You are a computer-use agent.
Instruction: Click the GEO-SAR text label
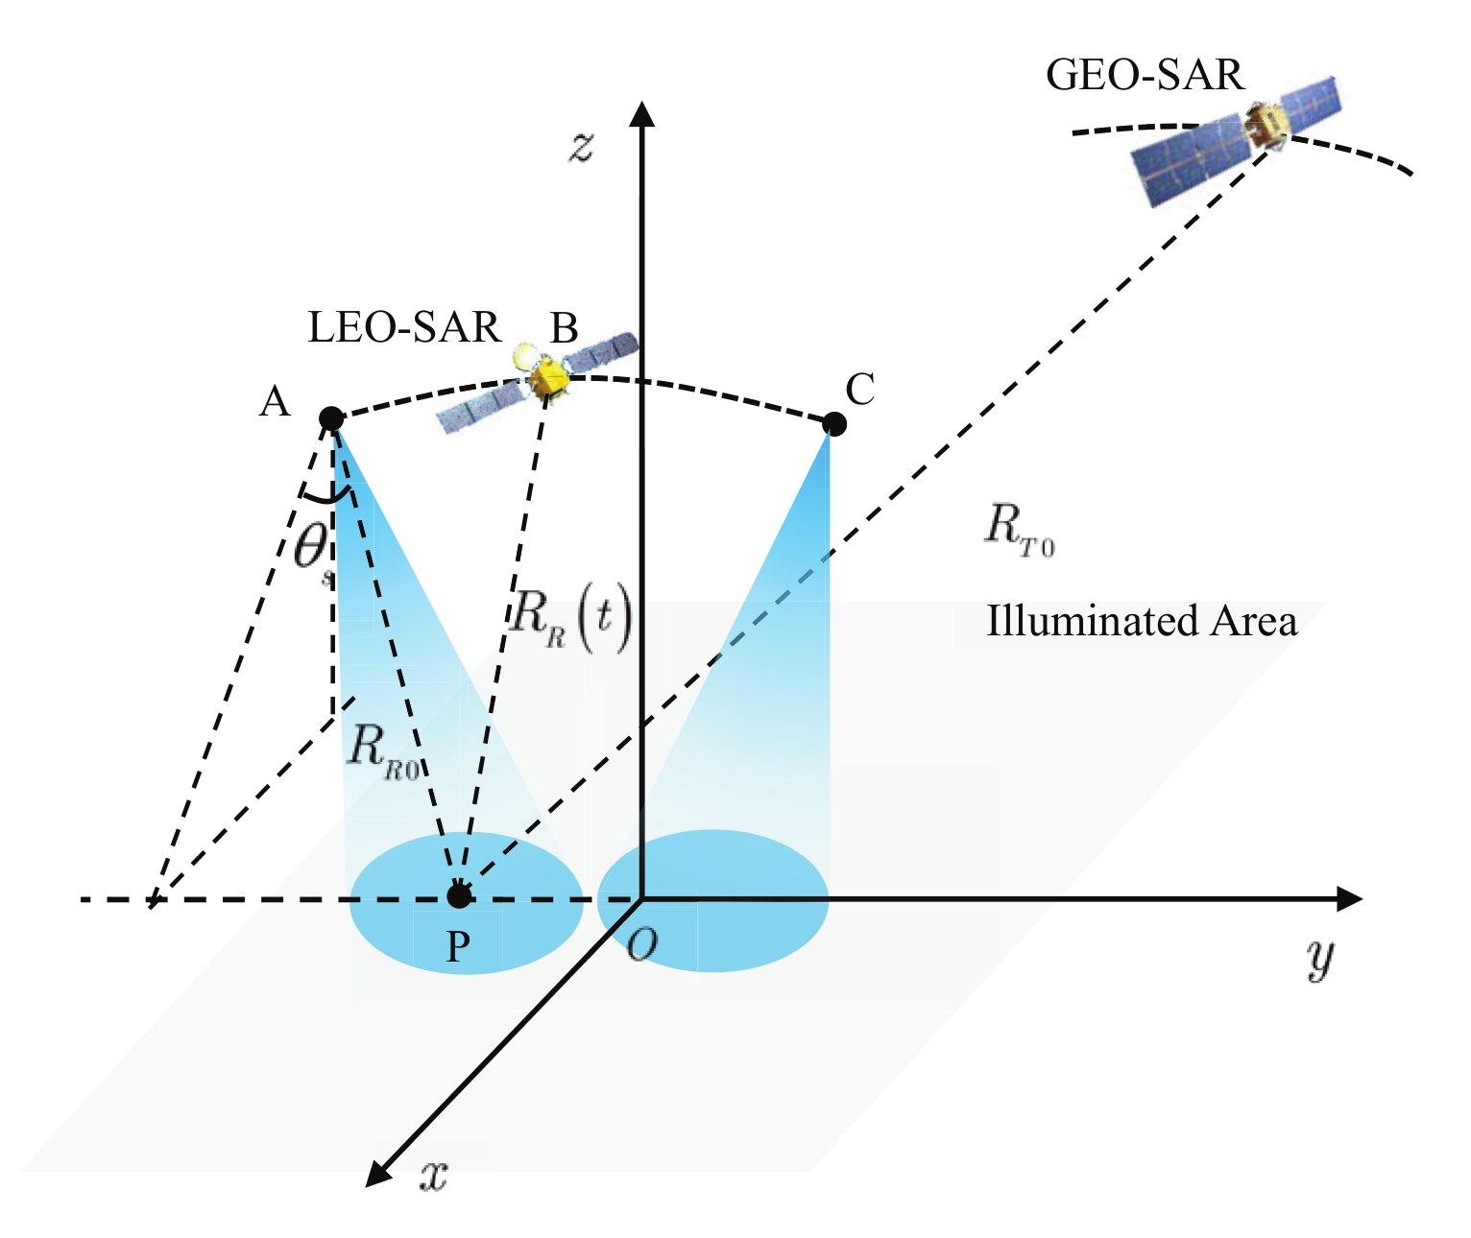click(x=1144, y=76)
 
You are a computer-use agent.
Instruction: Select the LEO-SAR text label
click(x=404, y=328)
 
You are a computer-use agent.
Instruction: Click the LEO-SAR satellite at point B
click(x=543, y=377)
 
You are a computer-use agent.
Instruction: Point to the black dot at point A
click(x=331, y=418)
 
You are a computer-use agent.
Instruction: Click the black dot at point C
click(x=834, y=423)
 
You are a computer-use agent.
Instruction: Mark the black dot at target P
click(x=459, y=896)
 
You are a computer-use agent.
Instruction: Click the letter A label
click(x=275, y=402)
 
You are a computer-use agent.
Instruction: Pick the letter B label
click(x=564, y=329)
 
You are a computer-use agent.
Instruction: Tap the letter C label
click(x=860, y=390)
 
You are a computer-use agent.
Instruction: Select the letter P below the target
click(x=458, y=947)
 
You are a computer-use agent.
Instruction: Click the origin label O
click(x=641, y=945)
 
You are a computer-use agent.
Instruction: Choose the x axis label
click(x=434, y=1175)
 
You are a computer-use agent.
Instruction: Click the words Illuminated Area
click(x=1142, y=622)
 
